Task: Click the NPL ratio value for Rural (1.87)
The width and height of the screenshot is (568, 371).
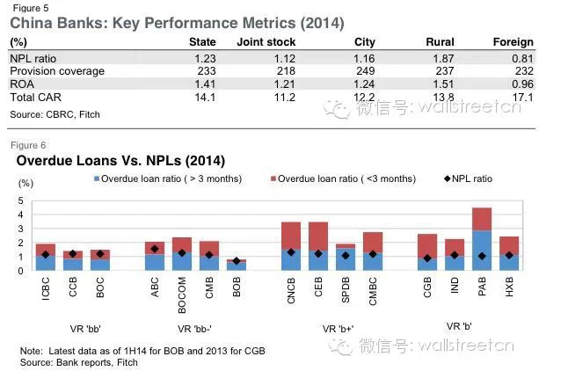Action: pos(454,57)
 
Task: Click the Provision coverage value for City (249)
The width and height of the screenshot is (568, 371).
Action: pos(365,70)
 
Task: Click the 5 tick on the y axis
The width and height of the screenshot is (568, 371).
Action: pos(22,200)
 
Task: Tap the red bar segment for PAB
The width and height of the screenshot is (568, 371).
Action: pos(482,220)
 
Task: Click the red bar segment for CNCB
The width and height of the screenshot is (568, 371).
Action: pos(291,235)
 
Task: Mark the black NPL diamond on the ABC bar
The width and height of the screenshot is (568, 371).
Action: pos(155,249)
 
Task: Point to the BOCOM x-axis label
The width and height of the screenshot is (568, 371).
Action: pos(182,289)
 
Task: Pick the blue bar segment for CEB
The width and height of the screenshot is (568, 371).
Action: pos(318,259)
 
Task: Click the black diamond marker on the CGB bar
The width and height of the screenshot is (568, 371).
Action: pos(427,258)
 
